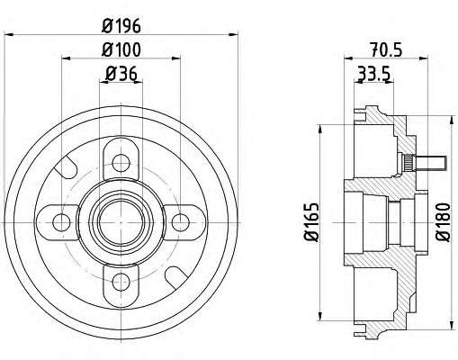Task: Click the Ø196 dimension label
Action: click(121, 26)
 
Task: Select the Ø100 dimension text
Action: click(121, 49)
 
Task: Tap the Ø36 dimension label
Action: click(121, 74)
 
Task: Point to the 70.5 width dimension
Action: click(386, 49)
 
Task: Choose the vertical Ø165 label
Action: click(311, 222)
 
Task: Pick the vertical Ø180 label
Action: click(444, 222)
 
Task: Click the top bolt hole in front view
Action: click(121, 163)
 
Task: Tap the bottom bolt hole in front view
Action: click(121, 282)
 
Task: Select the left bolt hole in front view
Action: click(61, 222)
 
